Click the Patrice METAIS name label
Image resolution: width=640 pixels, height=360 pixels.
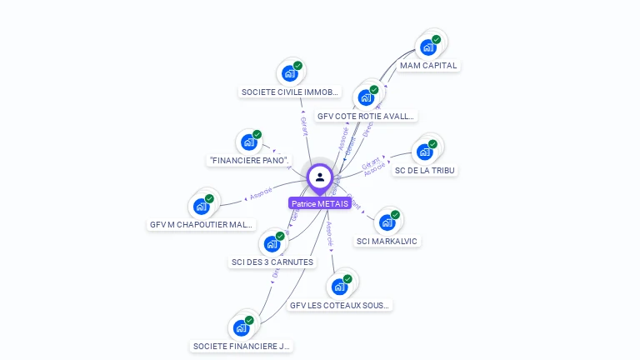point(319,203)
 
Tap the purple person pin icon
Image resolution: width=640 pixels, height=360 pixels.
point(320,177)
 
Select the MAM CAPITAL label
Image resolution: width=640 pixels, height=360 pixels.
point(428,65)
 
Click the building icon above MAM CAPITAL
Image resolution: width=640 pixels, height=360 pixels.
point(429,47)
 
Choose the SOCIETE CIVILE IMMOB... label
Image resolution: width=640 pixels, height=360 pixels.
point(289,92)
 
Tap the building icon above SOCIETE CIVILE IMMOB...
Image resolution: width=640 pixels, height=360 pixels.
point(290,72)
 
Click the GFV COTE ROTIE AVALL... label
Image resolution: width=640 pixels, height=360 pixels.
point(366,116)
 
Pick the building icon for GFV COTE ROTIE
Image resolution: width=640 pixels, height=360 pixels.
point(367,97)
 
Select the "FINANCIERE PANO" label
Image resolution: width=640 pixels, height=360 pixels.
point(249,160)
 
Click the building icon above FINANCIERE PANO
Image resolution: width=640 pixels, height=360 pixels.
point(249,142)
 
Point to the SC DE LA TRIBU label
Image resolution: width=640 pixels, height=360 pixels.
point(426,171)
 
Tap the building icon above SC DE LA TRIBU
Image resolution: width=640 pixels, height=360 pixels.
point(426,152)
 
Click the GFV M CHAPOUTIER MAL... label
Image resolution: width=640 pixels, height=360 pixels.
point(201,224)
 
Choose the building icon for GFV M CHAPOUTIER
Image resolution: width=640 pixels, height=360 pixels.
point(202,206)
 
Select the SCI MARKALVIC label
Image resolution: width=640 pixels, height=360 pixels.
point(387,241)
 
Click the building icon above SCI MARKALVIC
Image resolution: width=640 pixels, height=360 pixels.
point(387,222)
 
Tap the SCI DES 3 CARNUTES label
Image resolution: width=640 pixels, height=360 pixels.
point(272,262)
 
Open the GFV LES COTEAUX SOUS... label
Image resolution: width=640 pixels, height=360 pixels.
point(339,305)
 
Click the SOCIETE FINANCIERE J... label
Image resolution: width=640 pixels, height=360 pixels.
point(242,346)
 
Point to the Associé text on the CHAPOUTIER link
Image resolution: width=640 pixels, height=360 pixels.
point(261,194)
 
